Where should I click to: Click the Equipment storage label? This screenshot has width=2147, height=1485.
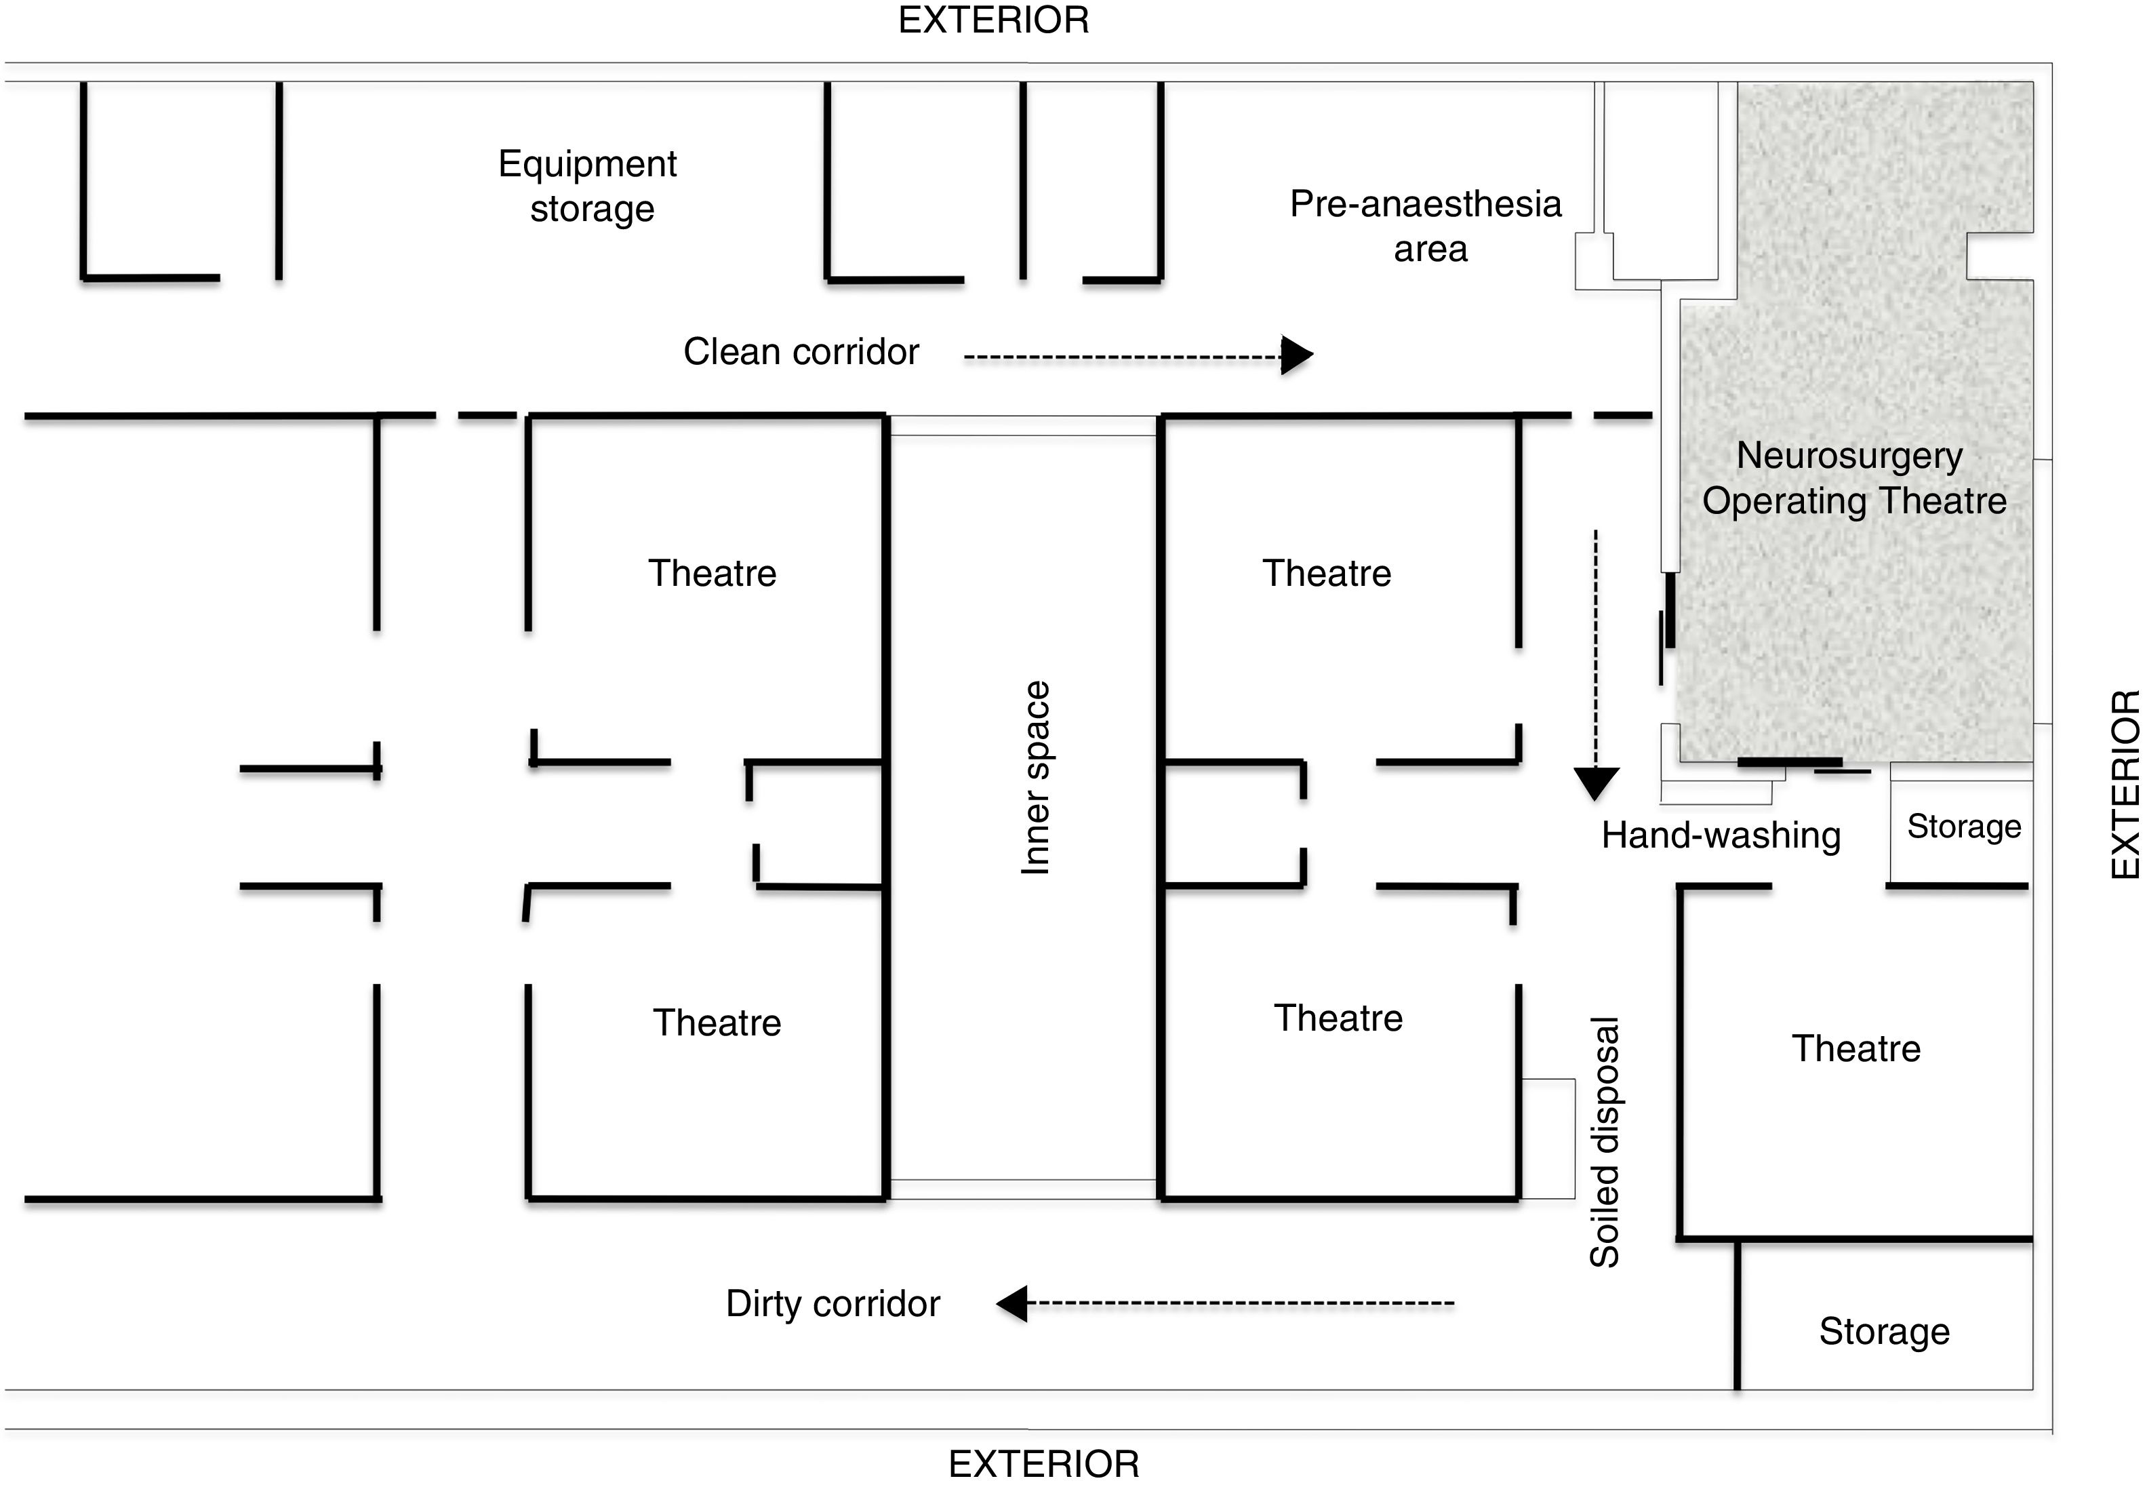589,186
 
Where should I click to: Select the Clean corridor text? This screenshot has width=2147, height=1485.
801,352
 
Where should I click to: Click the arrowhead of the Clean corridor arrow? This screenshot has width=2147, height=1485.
1296,355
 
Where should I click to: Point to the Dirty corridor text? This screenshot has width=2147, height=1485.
832,1303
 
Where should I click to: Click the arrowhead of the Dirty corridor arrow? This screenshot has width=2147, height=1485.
1012,1303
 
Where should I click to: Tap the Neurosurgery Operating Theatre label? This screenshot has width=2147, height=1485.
1853,478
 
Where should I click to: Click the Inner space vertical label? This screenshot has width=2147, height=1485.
1035,778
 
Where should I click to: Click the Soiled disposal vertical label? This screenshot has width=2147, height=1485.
1605,1143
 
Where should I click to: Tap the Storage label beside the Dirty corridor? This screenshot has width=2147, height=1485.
1885,1332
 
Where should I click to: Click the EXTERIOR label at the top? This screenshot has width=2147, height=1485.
993,20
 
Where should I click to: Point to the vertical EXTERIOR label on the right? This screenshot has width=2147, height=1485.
2125,785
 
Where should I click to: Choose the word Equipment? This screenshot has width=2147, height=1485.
587,164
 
